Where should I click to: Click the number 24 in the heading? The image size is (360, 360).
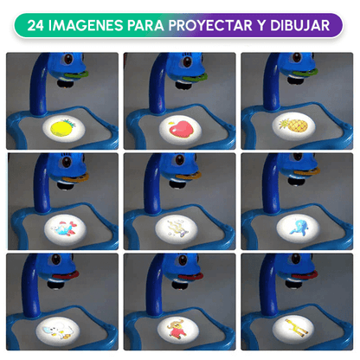coord(39,25)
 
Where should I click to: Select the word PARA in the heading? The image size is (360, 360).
coord(159,25)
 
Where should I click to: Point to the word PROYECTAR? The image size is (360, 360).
coord(228,25)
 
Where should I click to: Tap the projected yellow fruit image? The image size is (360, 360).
coord(62,127)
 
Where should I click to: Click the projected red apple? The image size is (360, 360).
coord(179,127)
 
